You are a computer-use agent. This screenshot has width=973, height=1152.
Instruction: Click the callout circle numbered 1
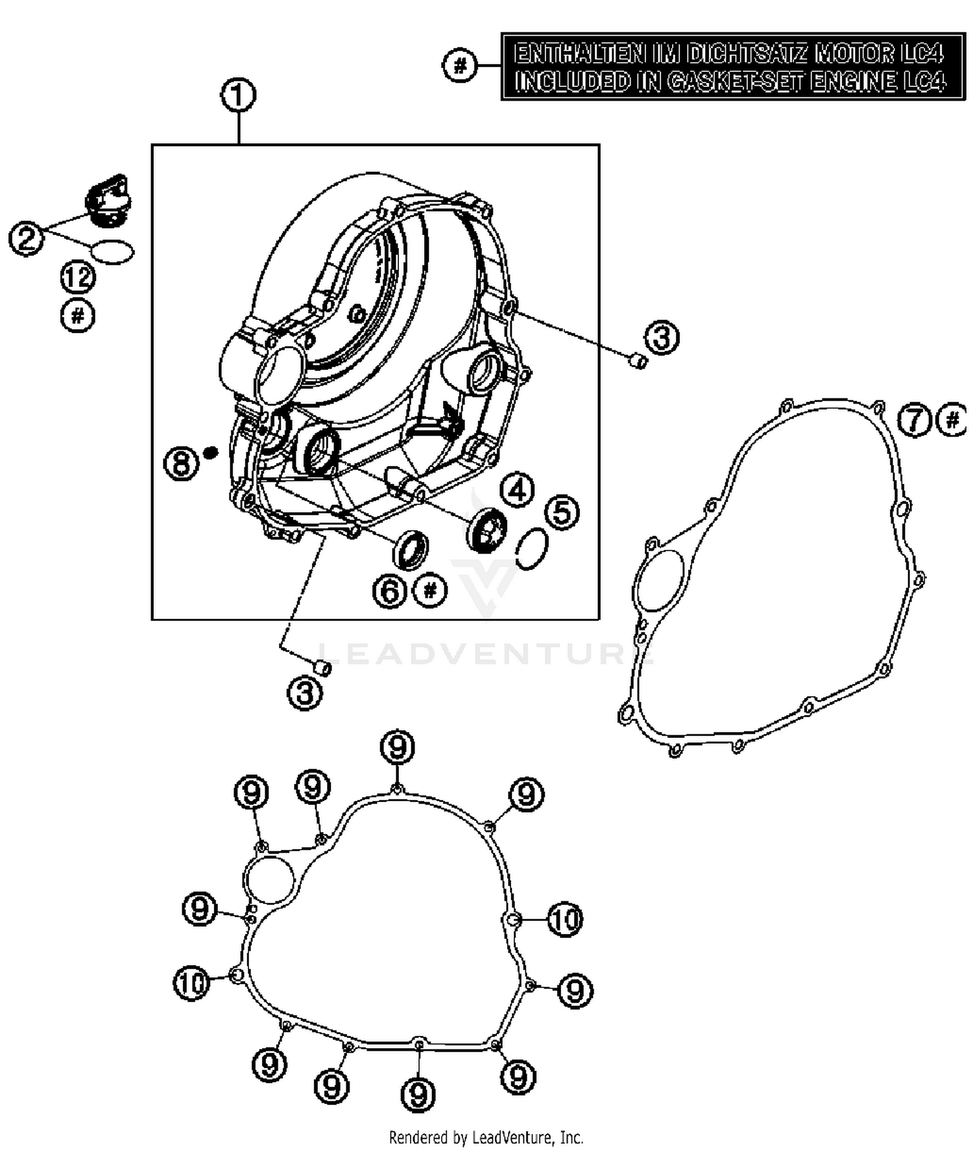(238, 95)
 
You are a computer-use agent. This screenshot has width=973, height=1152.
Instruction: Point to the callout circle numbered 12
(78, 278)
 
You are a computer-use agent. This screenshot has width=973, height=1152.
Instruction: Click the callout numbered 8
(181, 463)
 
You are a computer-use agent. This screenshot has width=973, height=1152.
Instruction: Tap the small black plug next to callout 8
(210, 452)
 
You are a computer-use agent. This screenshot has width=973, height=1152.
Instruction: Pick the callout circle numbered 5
(562, 512)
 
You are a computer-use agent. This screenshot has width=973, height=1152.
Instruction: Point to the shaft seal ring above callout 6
(411, 550)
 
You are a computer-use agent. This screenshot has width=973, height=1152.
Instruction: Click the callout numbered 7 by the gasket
(915, 421)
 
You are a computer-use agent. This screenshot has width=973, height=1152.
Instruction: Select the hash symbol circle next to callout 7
(952, 420)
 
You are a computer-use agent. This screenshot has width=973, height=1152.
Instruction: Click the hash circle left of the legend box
(460, 66)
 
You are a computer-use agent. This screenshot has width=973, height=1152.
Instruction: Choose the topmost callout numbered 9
(397, 748)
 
